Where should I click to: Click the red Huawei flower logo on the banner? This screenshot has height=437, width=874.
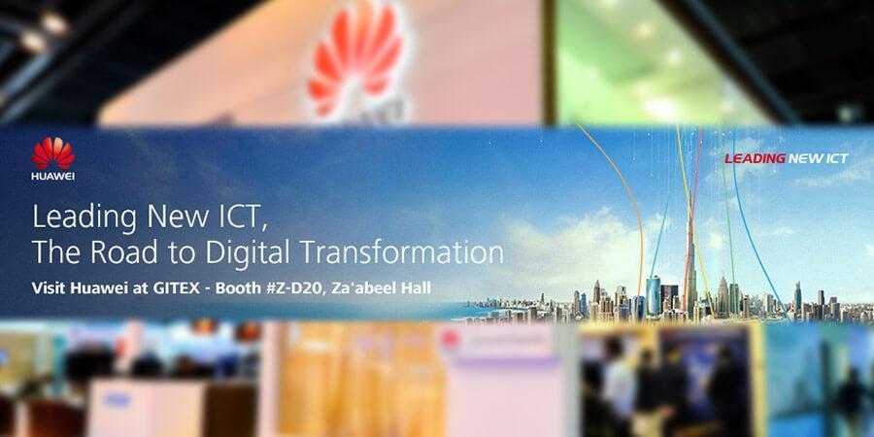[x=53, y=153]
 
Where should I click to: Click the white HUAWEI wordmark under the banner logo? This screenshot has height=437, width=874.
[x=53, y=176]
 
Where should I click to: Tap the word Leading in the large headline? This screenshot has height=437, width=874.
[x=84, y=218]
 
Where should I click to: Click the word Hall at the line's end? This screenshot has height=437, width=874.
[x=417, y=288]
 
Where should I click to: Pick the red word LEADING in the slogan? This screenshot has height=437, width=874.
[x=756, y=159]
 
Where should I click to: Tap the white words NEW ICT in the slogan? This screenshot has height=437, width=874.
[x=819, y=159]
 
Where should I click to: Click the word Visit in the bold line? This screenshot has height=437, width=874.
[x=46, y=288]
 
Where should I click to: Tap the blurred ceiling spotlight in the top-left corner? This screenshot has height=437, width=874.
[x=54, y=22]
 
